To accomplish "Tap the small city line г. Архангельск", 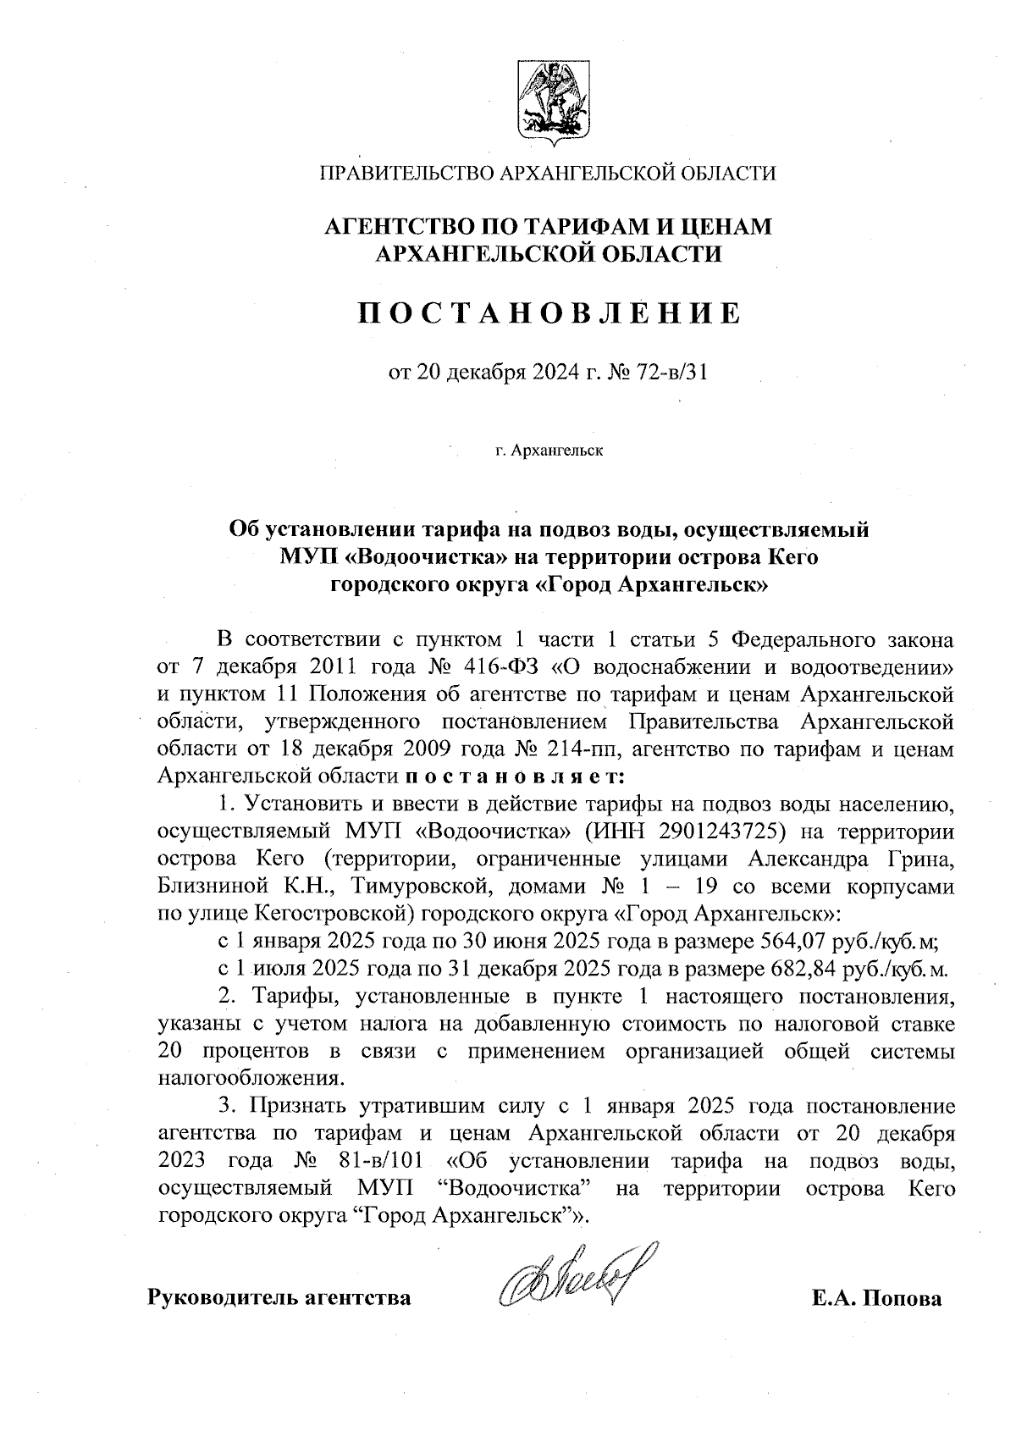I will [549, 451].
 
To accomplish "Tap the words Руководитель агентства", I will [280, 1297].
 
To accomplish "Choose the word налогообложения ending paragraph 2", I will [251, 1079].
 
